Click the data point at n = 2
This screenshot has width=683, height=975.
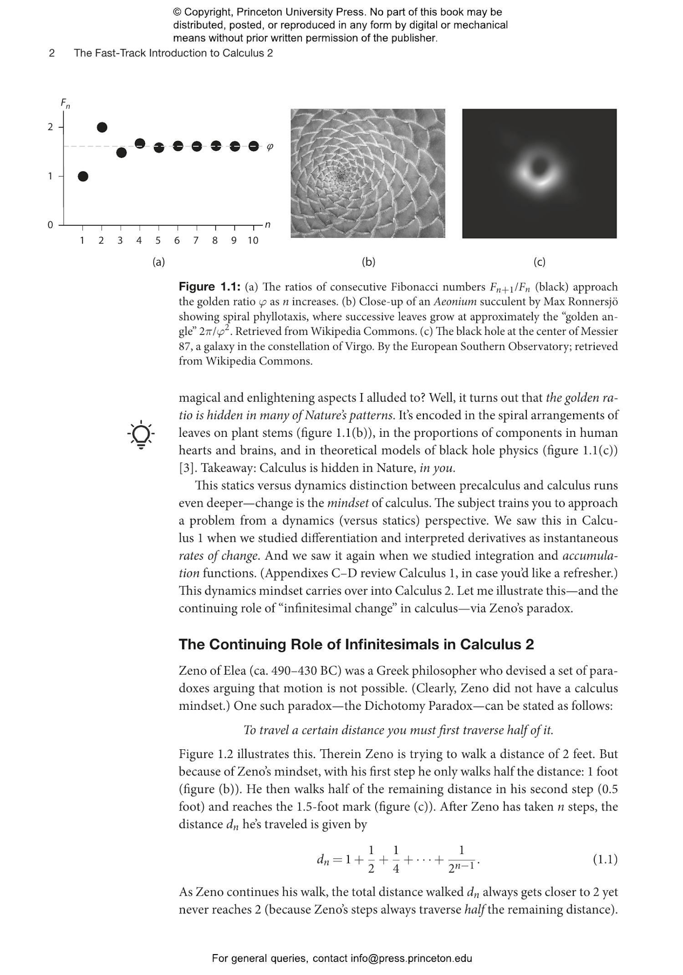tap(102, 127)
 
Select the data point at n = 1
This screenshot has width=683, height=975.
tap(83, 177)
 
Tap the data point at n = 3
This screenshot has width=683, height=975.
tap(121, 152)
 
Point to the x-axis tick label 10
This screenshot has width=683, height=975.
tap(253, 241)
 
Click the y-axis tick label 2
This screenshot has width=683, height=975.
tap(50, 127)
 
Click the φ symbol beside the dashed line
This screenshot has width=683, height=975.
tap(270, 147)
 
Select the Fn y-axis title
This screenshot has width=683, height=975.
tap(66, 104)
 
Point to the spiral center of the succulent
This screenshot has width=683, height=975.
tap(341, 175)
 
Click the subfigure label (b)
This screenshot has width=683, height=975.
tap(368, 262)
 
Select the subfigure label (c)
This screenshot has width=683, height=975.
tap(539, 262)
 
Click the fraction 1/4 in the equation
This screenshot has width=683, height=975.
tap(396, 859)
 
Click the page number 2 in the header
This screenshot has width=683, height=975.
tap(52, 53)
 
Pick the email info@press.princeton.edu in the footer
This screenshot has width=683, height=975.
tap(411, 959)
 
